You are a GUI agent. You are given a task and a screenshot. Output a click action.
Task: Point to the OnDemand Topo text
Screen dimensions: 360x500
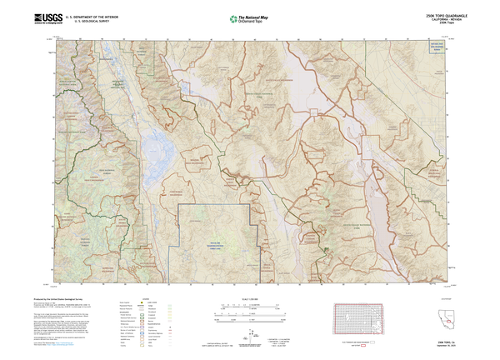[254, 21]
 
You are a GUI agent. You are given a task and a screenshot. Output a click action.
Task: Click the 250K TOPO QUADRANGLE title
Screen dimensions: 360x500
[438, 14]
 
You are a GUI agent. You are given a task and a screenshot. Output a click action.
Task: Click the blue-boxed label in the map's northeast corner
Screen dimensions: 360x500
[431, 48]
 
